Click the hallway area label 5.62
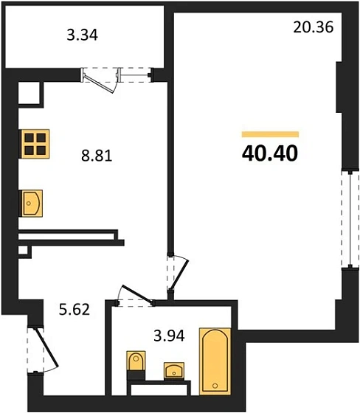(x=74, y=309)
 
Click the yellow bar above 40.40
(x=270, y=134)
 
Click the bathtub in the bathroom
(x=215, y=361)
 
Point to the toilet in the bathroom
(x=136, y=364)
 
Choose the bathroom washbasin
(x=175, y=369)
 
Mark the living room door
(x=177, y=273)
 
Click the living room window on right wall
(x=346, y=218)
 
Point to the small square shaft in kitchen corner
(x=28, y=93)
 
